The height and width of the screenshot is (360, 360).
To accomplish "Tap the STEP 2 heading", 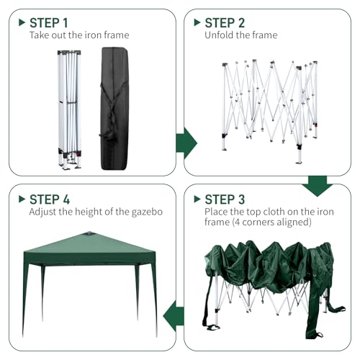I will tap(225, 22).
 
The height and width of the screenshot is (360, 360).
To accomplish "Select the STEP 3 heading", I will tap(225, 199).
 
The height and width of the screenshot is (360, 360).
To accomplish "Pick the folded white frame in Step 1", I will tap(70, 108).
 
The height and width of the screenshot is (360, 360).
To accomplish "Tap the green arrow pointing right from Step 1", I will tap(186, 142).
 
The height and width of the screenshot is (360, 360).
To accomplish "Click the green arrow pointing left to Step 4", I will tap(174, 315).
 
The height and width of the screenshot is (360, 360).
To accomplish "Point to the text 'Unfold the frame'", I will tap(240, 35).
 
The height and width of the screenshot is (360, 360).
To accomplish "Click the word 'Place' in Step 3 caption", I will tap(218, 212).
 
